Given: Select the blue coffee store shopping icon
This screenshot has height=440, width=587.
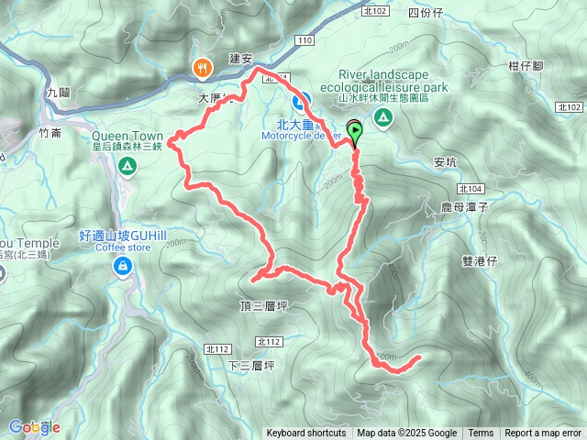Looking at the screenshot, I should pos(120,266).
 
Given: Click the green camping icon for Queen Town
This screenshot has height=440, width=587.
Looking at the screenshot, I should pos(127,166).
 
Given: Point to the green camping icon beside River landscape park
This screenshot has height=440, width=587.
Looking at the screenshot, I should pos(382,117).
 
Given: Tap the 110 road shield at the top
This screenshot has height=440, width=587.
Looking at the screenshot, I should pos(305,42).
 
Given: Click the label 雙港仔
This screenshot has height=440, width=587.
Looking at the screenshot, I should pos(479,260).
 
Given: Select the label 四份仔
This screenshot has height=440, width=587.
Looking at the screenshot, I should pos(425,13).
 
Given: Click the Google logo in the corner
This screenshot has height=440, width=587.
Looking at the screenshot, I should pos(34,427).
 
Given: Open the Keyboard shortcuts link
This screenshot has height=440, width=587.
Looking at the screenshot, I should pos(306,434).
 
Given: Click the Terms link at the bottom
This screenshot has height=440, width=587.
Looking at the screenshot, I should pos(481,434).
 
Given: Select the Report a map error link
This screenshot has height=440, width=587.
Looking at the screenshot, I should pos(543,434).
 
